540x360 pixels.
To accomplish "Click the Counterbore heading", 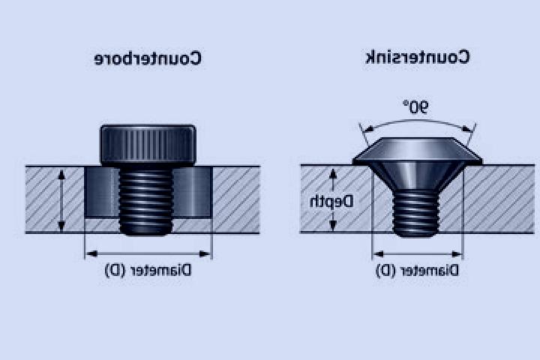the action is [148, 58].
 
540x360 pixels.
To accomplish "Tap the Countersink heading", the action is [417, 57].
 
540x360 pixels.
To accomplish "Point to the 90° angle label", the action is [415, 106].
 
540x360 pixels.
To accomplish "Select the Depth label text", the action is [331, 202].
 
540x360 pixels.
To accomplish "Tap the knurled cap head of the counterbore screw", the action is [148, 145].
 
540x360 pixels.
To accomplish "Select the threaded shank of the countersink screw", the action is [416, 213].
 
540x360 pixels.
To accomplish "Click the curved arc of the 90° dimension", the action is [417, 121].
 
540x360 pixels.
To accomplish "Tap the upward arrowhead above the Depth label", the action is [333, 174].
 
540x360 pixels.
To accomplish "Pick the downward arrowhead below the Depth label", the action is [333, 225].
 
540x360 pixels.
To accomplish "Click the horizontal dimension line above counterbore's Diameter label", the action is [148, 254].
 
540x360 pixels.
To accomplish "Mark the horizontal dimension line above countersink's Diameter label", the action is [418, 254].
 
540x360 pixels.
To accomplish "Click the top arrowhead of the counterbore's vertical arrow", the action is [61, 175].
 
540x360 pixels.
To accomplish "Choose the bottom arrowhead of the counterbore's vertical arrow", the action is [61, 226].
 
